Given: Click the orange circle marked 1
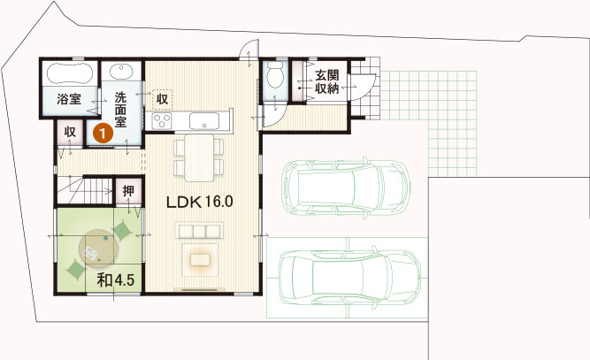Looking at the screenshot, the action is point(103,133).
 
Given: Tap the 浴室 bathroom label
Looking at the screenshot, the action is point(69,99).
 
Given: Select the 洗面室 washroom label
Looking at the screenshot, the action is point(121,110).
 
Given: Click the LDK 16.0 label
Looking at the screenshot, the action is point(199,202).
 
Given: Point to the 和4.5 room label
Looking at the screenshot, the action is point(116,280).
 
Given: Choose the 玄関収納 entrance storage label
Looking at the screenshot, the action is point(326,81).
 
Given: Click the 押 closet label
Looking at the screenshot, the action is point(128,191).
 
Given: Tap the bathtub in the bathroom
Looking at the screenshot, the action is point(70,73).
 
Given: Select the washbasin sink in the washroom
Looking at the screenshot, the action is point(121,71).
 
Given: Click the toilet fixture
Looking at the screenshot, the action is point(275,74).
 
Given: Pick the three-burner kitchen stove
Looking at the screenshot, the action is point(162,121).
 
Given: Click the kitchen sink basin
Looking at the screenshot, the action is point(204,121).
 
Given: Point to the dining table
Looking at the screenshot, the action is point(199,157).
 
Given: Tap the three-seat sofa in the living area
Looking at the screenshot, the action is point(199,231).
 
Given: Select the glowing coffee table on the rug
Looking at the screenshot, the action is point(199,259).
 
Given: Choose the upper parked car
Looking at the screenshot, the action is point(346,188).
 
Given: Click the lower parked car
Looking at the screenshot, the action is point(350,277).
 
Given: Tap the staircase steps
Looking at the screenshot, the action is point(85,191).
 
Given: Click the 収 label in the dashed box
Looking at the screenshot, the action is point(162,99).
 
